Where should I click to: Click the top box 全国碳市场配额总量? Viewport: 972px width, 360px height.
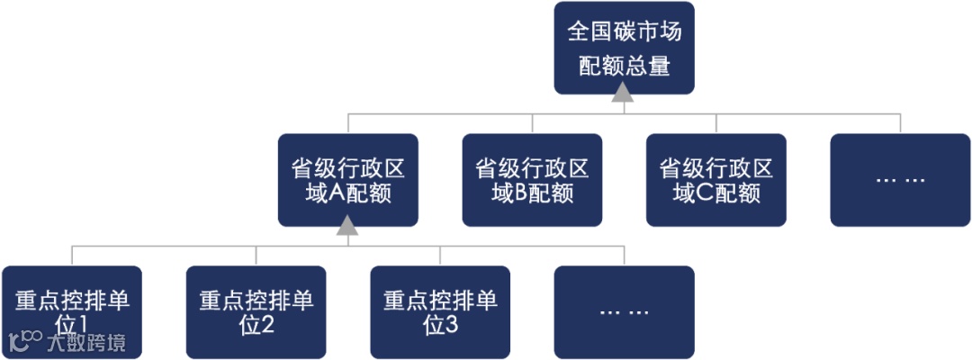(x=624, y=48)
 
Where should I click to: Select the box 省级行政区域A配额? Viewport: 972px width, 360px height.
(x=347, y=179)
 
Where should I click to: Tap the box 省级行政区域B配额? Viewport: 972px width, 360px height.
(x=532, y=179)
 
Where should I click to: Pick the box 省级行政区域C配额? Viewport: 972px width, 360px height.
(x=715, y=179)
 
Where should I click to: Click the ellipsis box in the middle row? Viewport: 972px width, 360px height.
(x=900, y=179)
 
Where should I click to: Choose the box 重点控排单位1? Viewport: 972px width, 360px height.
(x=72, y=311)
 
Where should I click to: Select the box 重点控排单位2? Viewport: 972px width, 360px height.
(x=256, y=311)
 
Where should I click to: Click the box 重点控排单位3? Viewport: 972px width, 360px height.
(x=440, y=311)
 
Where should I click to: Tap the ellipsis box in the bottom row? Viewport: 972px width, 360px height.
(x=624, y=311)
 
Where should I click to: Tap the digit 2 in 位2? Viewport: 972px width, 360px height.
(x=266, y=325)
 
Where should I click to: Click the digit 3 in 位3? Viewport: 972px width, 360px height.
(x=451, y=325)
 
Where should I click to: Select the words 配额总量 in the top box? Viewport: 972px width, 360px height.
(x=624, y=66)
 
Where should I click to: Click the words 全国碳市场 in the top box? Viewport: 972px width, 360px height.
(x=624, y=32)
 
